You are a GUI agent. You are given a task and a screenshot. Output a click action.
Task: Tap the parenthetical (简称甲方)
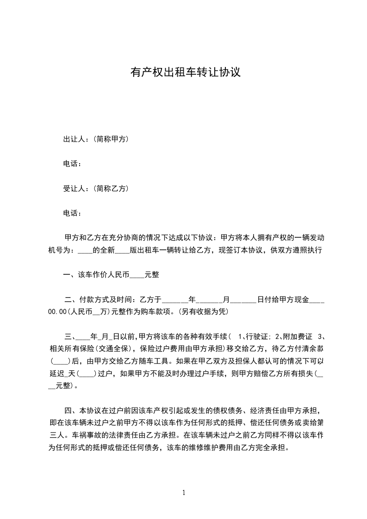[111, 139]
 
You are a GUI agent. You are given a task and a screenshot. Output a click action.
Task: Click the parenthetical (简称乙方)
[111, 188]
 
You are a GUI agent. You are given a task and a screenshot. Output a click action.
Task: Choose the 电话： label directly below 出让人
[73, 164]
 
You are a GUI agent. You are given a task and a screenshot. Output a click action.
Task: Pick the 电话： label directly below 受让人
[73, 213]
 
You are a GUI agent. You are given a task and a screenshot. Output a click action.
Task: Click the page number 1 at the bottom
[184, 493]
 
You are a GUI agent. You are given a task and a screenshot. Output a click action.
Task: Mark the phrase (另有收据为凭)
[203, 312]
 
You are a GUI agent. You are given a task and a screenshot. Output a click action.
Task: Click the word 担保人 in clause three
[248, 360]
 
